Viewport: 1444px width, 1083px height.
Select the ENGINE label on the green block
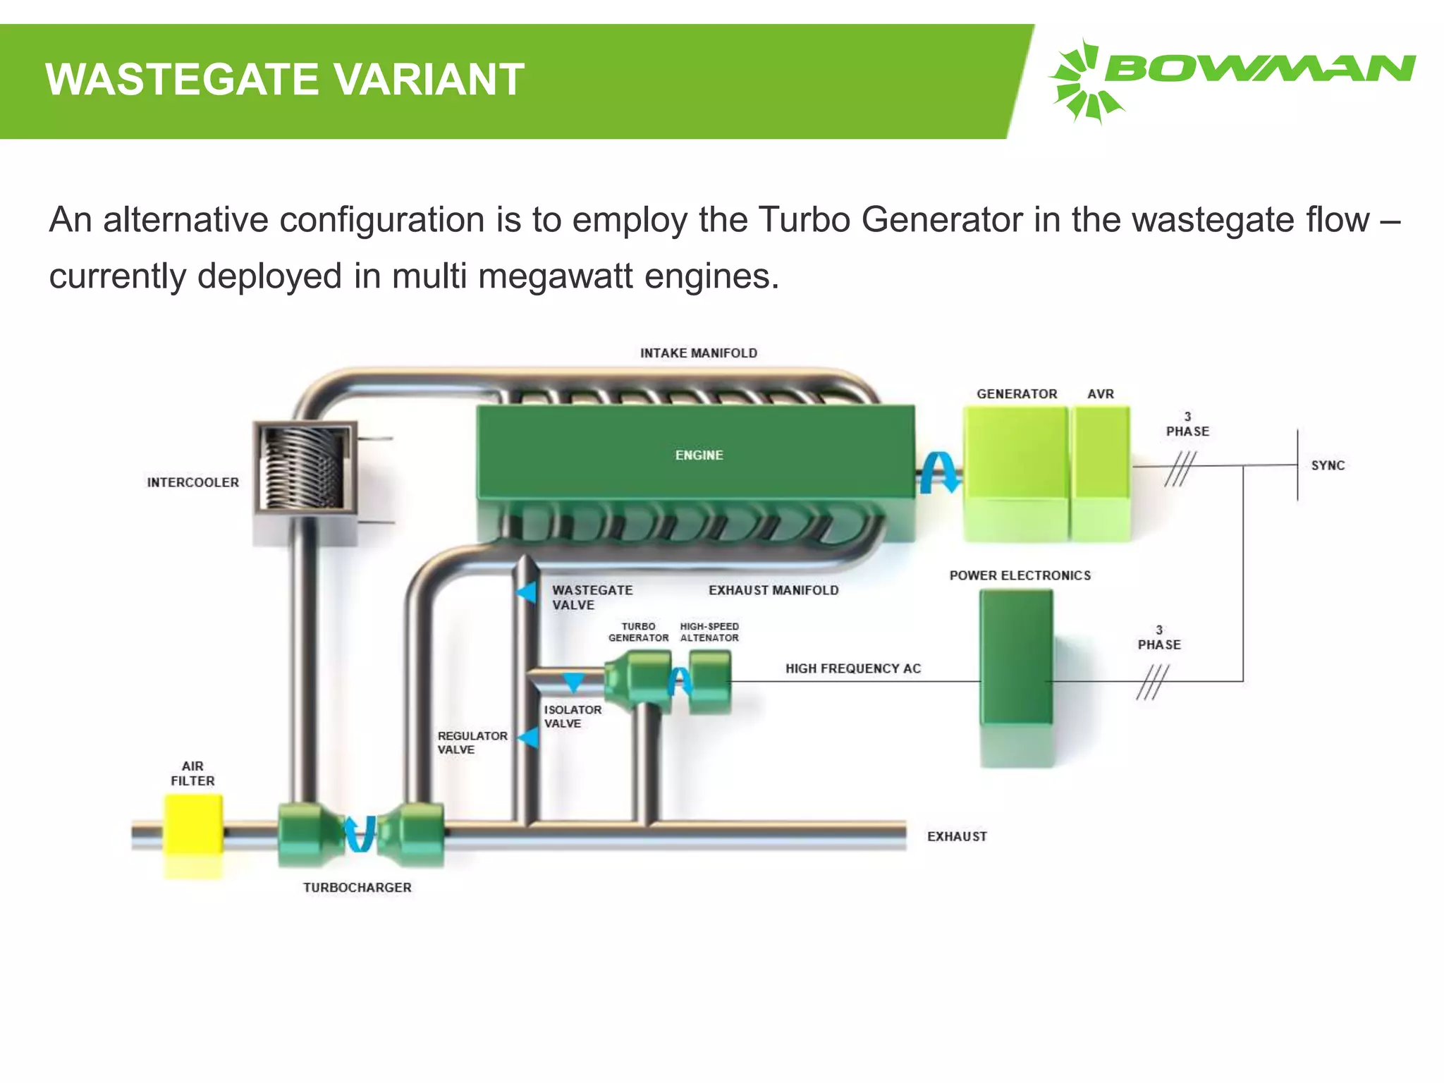click(x=699, y=455)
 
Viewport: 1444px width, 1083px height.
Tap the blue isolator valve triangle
click(x=573, y=682)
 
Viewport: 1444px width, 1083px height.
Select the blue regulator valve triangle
click(x=529, y=738)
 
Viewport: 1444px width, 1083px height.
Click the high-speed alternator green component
click(x=710, y=680)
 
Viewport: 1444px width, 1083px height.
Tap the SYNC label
click(x=1328, y=465)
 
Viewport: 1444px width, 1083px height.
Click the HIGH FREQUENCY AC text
click(x=853, y=668)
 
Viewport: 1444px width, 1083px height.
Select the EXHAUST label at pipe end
click(x=957, y=836)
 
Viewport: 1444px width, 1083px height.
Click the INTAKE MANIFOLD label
click(x=698, y=353)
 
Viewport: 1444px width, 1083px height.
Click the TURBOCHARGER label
click(x=357, y=888)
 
